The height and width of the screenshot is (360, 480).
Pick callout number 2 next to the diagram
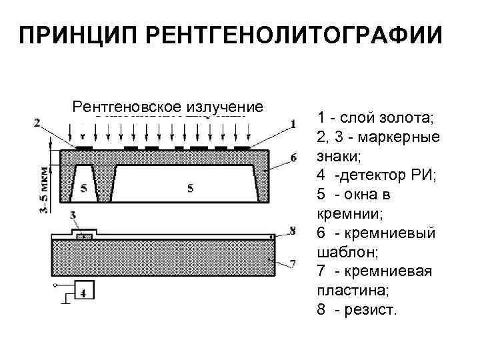pyautogui.click(x=37, y=123)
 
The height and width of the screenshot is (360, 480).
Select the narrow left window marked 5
pyautogui.click(x=83, y=189)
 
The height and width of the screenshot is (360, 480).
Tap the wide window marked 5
pyautogui.click(x=191, y=189)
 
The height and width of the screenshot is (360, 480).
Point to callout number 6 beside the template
pyautogui.click(x=293, y=158)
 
